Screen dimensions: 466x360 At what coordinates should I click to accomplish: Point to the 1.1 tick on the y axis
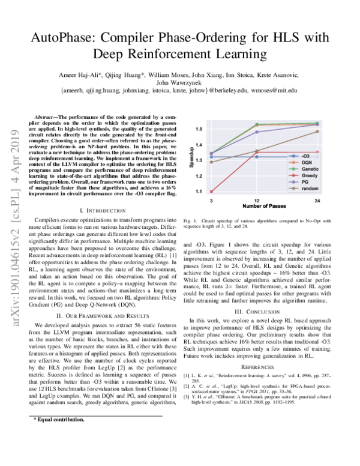197,192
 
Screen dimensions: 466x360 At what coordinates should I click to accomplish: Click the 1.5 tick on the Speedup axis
197,129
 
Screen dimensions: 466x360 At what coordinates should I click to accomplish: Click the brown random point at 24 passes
317,131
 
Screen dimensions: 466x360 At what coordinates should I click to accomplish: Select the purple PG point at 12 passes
257,132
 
